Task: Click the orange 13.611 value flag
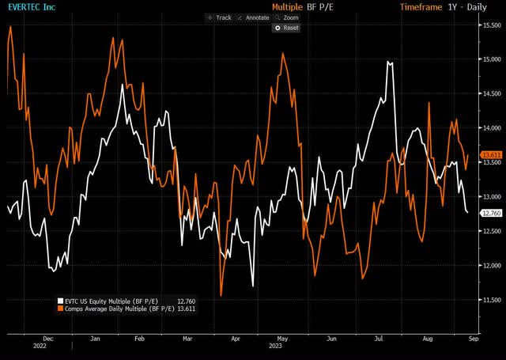(492, 154)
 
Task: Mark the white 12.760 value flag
(492, 213)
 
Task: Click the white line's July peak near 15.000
(389, 63)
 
